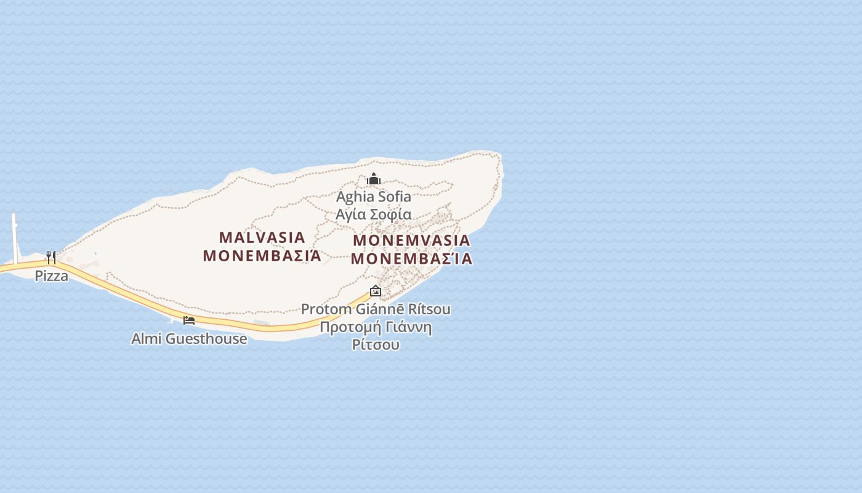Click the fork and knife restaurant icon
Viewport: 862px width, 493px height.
click(51, 257)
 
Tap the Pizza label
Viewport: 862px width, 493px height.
click(51, 275)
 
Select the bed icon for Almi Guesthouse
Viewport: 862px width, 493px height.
click(189, 320)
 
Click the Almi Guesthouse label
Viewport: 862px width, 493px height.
click(189, 338)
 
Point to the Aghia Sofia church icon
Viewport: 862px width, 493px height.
click(374, 179)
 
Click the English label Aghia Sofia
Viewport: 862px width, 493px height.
click(373, 197)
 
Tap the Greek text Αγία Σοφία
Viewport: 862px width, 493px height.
click(373, 214)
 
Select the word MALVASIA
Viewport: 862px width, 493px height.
click(262, 237)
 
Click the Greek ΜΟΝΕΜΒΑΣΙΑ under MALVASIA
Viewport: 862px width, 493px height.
click(262, 256)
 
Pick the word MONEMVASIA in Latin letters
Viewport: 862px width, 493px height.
click(412, 240)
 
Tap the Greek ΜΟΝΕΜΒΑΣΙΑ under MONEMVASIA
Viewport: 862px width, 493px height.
click(412, 259)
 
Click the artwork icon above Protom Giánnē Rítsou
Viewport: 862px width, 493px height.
click(376, 291)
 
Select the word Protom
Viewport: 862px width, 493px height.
click(326, 309)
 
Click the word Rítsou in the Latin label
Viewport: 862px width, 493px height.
click(427, 309)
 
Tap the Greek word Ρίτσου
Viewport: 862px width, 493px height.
click(376, 344)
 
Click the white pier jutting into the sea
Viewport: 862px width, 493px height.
click(15, 237)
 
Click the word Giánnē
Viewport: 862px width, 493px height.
click(379, 309)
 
